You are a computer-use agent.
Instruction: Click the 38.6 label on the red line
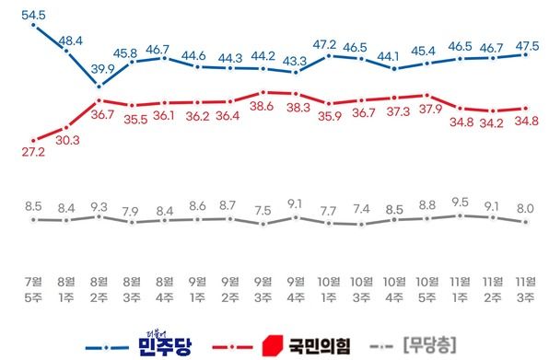point(263,108)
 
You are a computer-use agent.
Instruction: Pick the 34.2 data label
point(492,122)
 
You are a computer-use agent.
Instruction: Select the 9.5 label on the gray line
point(459,201)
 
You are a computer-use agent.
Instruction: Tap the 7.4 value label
point(361,208)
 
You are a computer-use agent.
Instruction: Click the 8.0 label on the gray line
point(525,208)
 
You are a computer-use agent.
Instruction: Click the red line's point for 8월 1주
point(66,128)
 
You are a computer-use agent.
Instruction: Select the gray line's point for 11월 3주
point(525,221)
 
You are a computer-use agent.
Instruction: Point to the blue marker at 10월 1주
point(328,55)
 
